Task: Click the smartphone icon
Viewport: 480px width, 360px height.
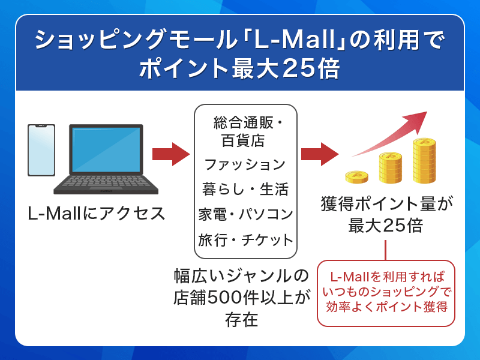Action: coord(41,150)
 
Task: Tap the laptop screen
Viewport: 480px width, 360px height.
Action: coord(106,150)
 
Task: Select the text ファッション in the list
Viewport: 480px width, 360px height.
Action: coord(245,164)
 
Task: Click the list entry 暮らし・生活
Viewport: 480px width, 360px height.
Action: coord(245,190)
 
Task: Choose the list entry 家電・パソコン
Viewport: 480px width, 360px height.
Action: coord(245,214)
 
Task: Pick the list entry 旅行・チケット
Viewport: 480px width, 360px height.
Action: coord(245,240)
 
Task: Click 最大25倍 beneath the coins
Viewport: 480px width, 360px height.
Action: coord(386,226)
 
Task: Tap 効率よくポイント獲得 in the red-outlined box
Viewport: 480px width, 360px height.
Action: coord(386,307)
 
